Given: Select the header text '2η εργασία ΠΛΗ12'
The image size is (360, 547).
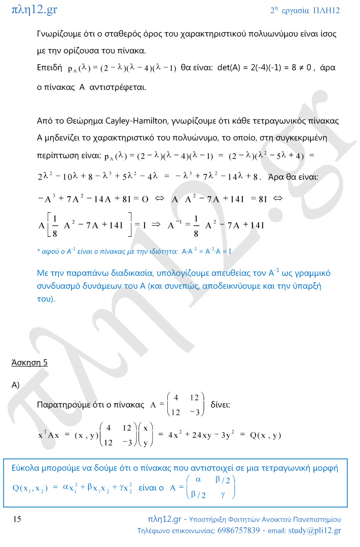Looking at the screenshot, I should coord(305,10).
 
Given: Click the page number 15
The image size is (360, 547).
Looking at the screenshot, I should coord(17,519).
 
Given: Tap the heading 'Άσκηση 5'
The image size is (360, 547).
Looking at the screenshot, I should coord(29,362).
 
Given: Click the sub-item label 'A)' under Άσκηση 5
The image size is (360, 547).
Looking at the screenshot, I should coord(15,385).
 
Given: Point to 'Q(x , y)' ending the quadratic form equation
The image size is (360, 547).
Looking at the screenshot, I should coord(264,435).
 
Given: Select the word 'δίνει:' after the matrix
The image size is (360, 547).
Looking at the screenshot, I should coord(220,405).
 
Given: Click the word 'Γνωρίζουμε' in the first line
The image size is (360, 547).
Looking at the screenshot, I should coord(60,34).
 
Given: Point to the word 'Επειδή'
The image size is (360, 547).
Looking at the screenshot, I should coord(50,67).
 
